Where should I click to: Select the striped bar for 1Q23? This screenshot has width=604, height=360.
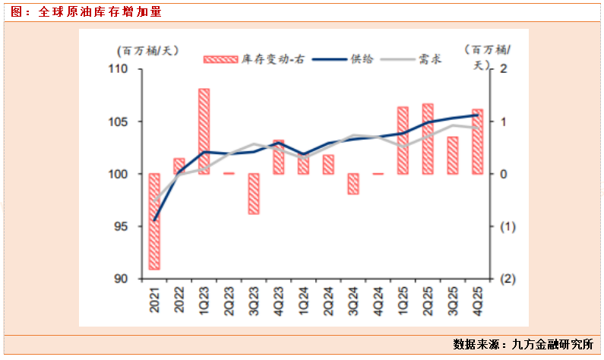pyautogui.click(x=204, y=131)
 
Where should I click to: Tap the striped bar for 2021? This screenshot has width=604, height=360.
pyautogui.click(x=154, y=221)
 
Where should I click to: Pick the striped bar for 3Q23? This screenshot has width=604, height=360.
pyautogui.click(x=254, y=194)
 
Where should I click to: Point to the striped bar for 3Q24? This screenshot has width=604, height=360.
pyautogui.click(x=353, y=184)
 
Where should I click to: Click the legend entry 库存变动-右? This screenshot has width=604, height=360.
pyautogui.click(x=255, y=58)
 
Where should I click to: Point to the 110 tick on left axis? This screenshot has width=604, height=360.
pyautogui.click(x=121, y=69)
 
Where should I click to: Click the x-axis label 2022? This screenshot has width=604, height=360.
pyautogui.click(x=179, y=297)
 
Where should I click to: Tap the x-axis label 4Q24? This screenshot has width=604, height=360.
pyautogui.click(x=378, y=297)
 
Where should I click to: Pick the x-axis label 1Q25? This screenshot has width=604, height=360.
pyautogui.click(x=403, y=297)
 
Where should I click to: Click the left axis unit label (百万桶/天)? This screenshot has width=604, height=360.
pyautogui.click(x=147, y=50)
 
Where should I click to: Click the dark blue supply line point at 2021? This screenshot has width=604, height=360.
pyautogui.click(x=154, y=221)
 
